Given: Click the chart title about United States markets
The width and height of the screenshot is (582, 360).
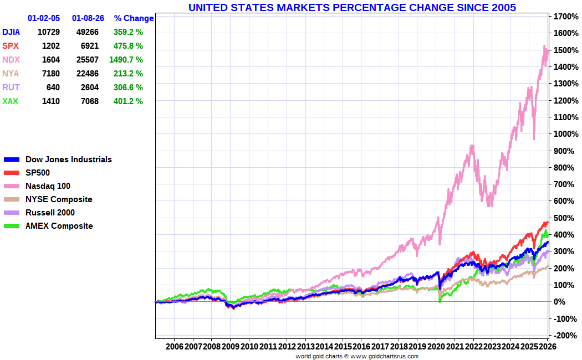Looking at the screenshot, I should pos(352,7).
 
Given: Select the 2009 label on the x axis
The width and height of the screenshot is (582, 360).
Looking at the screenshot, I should pos(230,346).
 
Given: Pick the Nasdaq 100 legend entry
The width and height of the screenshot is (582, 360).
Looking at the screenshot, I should pos(48,186).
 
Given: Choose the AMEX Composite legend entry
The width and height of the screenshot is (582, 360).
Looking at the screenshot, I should pos(59,226).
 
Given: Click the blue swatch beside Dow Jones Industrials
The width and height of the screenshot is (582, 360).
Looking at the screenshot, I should pos(11,160).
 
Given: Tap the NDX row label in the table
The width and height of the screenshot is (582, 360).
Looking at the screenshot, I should pos(11,60).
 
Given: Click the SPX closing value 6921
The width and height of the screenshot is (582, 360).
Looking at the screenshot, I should pos(87,46).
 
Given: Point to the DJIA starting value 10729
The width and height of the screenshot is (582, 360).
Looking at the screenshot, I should pos(48,32).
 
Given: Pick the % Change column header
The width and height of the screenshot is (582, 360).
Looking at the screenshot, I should pos(134,18).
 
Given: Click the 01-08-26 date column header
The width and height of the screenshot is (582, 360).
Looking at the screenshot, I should pos(88,18).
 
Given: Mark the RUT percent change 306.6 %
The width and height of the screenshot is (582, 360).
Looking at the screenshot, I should pos(127,88).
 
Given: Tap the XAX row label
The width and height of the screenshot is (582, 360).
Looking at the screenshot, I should pos(11,101).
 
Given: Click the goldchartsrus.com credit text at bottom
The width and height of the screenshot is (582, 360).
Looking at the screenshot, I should pos(357,356).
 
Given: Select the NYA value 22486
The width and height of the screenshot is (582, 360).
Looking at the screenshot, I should pos(87,74).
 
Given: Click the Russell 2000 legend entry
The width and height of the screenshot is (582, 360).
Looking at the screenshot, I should pos(50,213).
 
